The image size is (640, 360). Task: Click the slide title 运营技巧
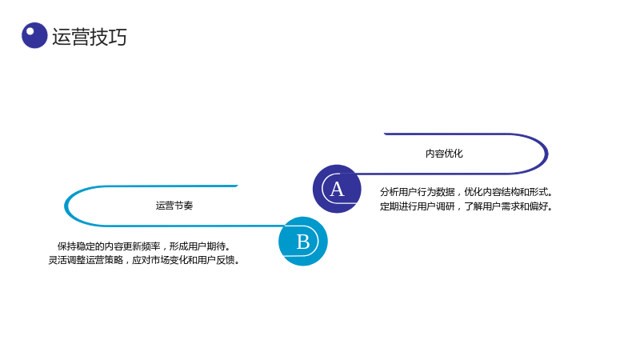tap(90, 37)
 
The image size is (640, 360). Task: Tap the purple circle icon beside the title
tap(34, 35)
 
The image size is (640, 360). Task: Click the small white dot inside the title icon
tap(30, 31)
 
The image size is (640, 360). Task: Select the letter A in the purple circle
tap(337, 190)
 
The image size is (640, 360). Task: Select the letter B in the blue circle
tap(303, 242)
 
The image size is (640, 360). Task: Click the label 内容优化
tap(444, 154)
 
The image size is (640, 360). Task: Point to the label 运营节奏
tap(174, 206)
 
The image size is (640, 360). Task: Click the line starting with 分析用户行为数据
tap(466, 192)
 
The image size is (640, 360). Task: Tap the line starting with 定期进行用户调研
tap(466, 206)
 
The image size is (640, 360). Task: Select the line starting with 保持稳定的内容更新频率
tap(144, 246)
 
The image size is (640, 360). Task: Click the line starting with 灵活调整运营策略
tap(144, 260)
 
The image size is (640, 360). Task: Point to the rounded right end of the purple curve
tap(547, 154)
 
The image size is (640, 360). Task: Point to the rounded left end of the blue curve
tap(66, 206)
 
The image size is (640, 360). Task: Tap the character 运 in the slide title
tap(62, 37)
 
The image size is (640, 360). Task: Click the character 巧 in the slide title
tap(118, 37)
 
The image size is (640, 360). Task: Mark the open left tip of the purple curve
tap(385, 134)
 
